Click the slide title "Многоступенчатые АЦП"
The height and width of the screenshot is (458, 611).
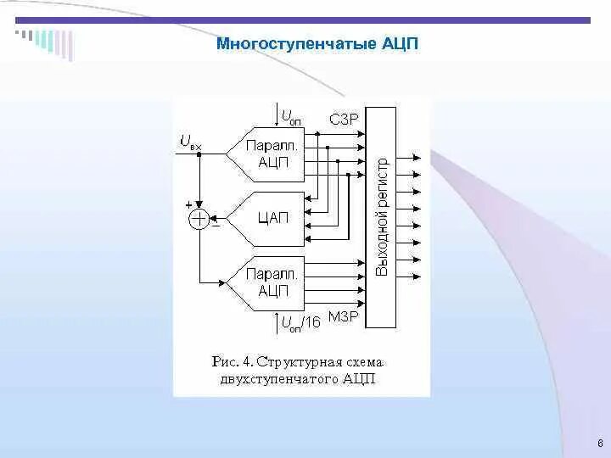coord(317,43)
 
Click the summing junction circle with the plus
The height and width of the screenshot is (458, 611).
coord(198,220)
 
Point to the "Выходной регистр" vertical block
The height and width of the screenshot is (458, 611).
coord(383,218)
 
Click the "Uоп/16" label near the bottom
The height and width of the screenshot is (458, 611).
coord(300,321)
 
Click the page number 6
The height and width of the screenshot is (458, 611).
coord(600,444)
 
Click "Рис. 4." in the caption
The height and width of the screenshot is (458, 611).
coord(232,362)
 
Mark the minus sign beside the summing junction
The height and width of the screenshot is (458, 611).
coord(215,225)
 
